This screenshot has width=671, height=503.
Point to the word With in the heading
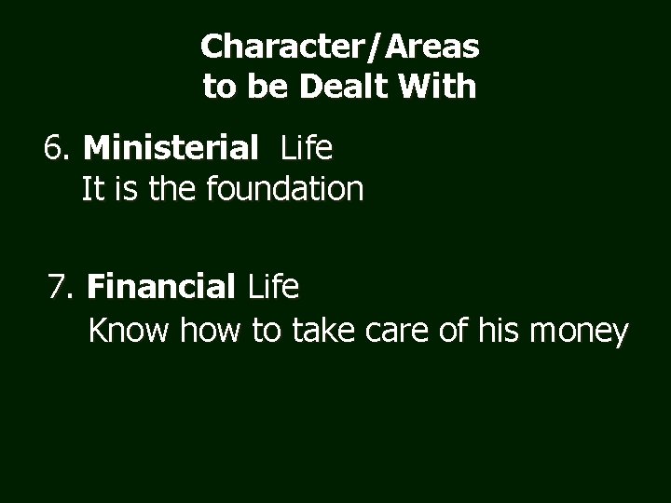tap(438, 88)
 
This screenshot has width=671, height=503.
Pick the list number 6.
tap(57, 148)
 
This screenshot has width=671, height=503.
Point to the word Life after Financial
tap(273, 288)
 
